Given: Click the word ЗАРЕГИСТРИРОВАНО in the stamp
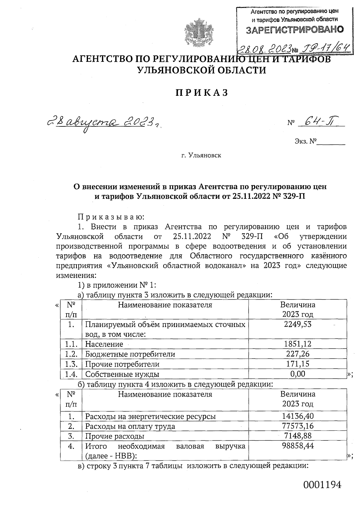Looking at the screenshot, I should (x=295, y=30).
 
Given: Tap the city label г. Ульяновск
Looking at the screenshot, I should (x=201, y=156).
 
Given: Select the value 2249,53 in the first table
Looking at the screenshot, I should (x=297, y=324).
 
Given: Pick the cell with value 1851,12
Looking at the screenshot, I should (x=297, y=344).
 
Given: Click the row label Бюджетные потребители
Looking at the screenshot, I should (x=130, y=354).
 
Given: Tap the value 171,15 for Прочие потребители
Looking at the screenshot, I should (x=297, y=364).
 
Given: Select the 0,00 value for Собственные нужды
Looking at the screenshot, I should (x=297, y=374).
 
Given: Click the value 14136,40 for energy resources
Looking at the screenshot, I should (x=297, y=416).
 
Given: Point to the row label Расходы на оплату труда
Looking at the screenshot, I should (x=130, y=426).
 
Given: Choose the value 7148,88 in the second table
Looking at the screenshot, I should (x=297, y=436).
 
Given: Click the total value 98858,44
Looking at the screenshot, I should (x=297, y=446).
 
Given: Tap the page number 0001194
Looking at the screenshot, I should (x=322, y=485).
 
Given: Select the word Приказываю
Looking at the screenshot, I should (x=111, y=217).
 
